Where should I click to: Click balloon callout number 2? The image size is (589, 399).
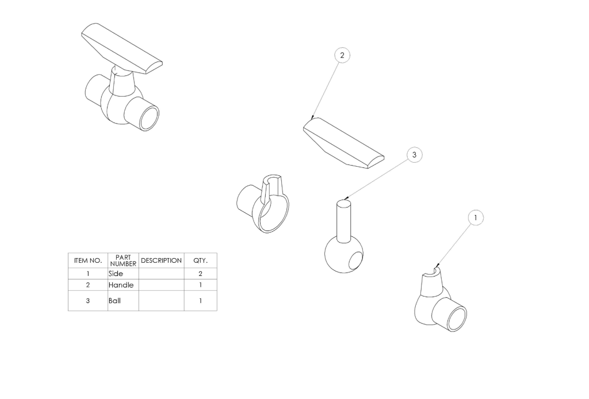point(342,55)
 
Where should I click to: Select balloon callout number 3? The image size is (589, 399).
point(414,155)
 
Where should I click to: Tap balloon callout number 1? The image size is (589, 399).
point(476,218)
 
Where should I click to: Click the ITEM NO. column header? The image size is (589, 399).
point(88,260)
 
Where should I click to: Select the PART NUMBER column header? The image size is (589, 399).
point(123,260)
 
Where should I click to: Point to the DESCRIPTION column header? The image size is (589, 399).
point(161,260)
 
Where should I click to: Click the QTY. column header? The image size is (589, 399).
point(200,260)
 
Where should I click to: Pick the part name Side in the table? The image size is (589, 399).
point(116,274)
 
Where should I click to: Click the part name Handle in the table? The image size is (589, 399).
point(121,285)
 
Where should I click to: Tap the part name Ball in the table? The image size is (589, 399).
point(114,301)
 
